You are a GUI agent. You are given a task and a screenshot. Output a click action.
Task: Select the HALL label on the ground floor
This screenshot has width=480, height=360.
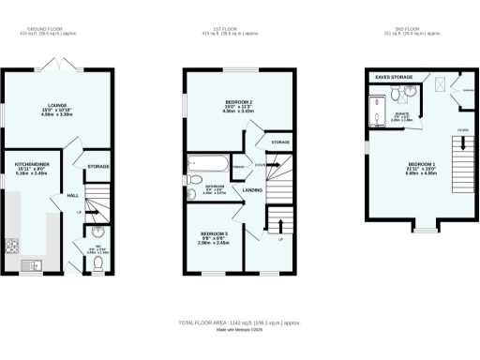pyautogui.click(x=72, y=195)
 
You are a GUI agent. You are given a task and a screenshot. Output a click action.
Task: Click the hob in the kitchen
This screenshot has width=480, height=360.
pyautogui.click(x=14, y=247)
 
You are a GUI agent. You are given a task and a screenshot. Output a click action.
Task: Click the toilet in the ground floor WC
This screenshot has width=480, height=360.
pyautogui.click(x=98, y=264)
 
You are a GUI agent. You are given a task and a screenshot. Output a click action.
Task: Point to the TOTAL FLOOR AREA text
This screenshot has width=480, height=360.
pyautogui.click(x=240, y=322)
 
